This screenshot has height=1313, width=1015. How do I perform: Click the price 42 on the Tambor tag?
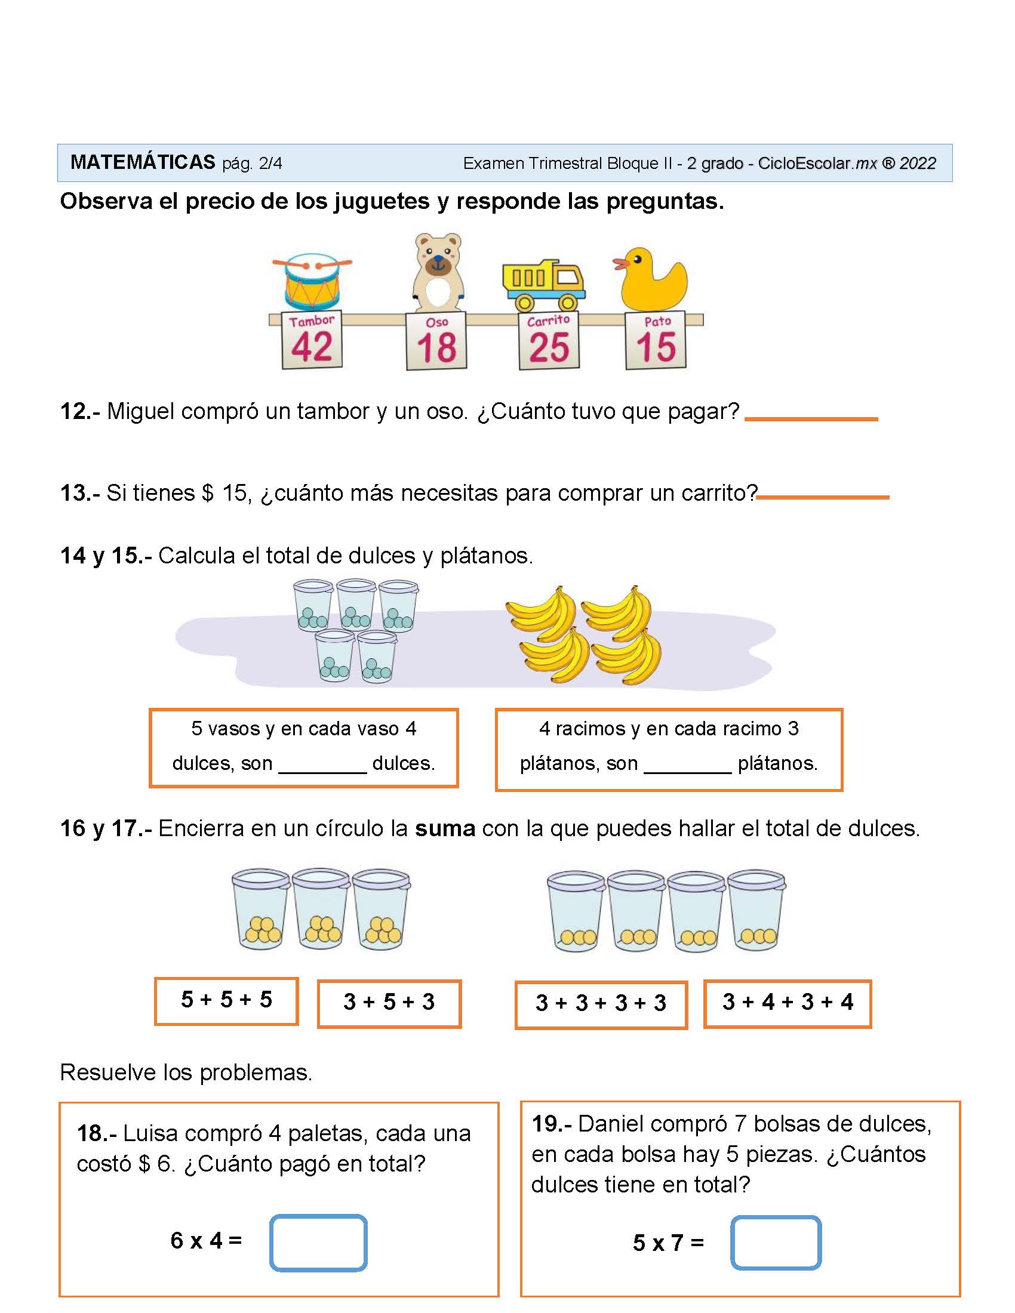click(x=312, y=347)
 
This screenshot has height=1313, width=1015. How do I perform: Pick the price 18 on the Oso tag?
click(x=436, y=348)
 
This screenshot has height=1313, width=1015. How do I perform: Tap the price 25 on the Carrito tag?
click(x=549, y=347)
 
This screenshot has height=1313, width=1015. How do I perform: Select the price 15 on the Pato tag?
click(x=656, y=347)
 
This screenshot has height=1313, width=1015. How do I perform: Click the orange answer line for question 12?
click(x=811, y=419)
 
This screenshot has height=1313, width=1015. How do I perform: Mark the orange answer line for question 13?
click(x=823, y=497)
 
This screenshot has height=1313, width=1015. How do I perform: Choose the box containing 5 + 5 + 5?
click(x=226, y=1001)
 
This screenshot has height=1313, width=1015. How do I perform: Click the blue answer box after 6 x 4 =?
click(x=318, y=1243)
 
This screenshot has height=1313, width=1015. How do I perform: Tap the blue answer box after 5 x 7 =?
click(x=776, y=1243)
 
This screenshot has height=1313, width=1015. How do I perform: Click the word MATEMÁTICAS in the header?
click(x=143, y=162)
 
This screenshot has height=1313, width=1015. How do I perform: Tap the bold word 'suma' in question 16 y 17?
click(x=445, y=829)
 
